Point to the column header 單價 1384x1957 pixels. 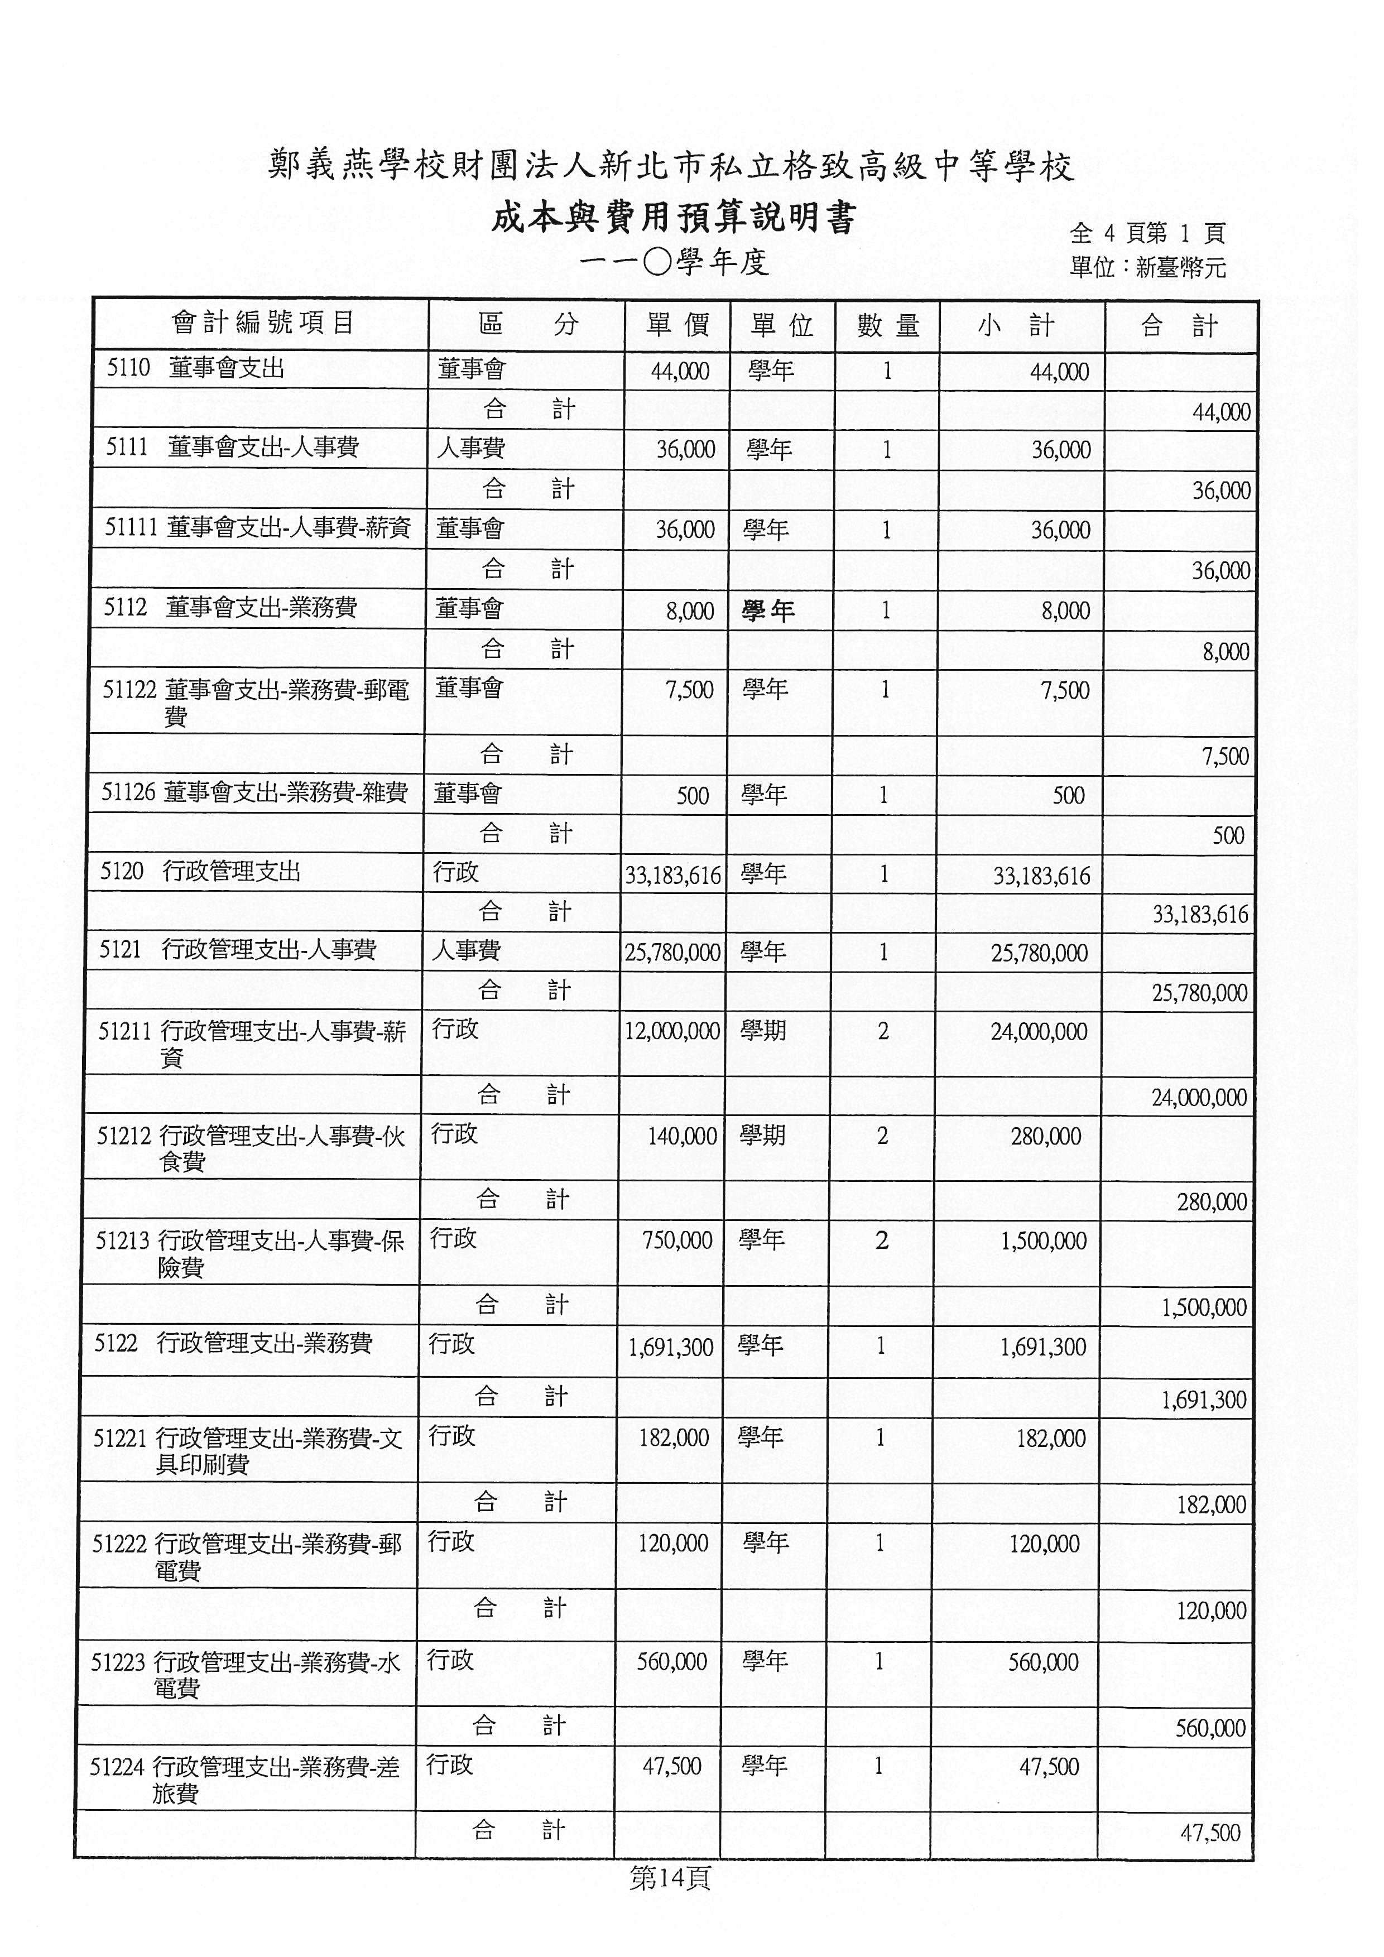(677, 325)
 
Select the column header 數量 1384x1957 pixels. (888, 325)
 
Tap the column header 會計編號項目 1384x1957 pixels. (262, 323)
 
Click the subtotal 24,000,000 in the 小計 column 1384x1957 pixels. (1039, 1032)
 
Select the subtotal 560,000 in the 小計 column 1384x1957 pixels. (1043, 1662)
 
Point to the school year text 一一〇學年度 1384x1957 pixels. (673, 262)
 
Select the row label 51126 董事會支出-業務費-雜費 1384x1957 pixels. (254, 793)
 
